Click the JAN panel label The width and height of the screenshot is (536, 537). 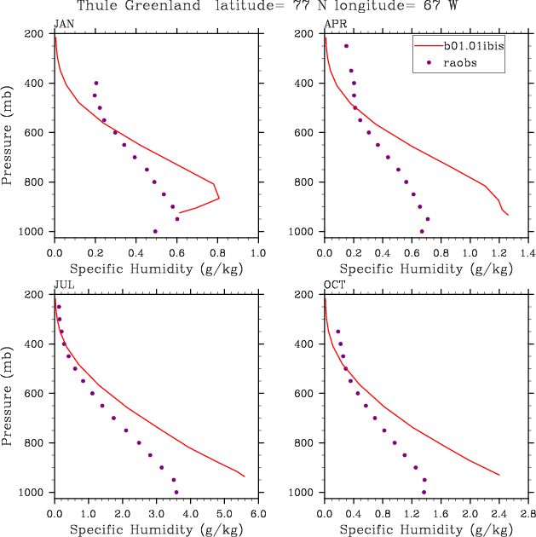click(63, 23)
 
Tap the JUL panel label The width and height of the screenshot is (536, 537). click(62, 285)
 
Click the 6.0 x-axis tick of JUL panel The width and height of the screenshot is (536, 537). click(258, 515)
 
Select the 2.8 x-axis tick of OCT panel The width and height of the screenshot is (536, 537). click(528, 515)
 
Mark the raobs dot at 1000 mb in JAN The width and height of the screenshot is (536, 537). click(155, 231)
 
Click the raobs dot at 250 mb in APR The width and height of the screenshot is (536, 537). click(346, 46)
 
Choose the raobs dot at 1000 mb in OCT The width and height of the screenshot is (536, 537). click(424, 492)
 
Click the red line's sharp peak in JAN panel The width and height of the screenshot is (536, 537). click(219, 199)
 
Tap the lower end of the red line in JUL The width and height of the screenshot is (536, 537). click(245, 476)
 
